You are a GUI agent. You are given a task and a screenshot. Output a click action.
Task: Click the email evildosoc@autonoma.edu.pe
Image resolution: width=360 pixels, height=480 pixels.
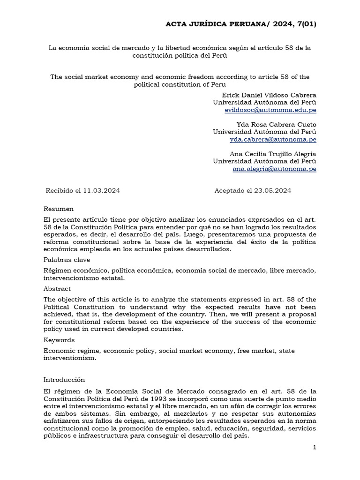[x=270, y=110]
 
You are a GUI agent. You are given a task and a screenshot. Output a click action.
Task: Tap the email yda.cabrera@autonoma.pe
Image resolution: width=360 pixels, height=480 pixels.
[x=273, y=140]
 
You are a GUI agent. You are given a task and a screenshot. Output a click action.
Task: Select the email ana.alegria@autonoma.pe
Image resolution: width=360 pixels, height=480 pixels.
[x=274, y=169]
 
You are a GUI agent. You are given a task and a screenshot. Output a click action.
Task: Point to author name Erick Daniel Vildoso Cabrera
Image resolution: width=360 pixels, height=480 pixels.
[x=269, y=95]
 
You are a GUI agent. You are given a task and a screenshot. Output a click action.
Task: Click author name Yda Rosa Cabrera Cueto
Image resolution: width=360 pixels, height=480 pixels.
[x=276, y=124]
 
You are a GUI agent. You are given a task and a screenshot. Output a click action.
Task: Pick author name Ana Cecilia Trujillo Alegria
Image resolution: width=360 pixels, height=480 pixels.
[x=273, y=154]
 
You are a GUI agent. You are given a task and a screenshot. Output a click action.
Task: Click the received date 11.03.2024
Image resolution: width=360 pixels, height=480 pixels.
[x=101, y=190]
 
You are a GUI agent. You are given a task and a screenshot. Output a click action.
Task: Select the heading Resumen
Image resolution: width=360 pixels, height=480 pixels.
[x=59, y=209]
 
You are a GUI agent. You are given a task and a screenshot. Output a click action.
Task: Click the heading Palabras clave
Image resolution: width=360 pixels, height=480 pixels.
[x=67, y=259]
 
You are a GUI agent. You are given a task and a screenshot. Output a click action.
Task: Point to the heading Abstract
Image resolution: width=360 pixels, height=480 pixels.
[x=57, y=289]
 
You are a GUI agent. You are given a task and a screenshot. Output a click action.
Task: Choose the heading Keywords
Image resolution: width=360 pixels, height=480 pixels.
[x=59, y=340]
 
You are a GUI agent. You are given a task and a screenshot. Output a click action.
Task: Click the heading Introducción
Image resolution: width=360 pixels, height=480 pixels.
[x=64, y=380]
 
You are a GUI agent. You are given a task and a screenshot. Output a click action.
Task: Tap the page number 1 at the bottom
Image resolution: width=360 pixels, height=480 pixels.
[x=315, y=447]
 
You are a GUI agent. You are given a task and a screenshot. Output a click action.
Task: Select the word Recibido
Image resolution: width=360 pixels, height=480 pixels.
[x=60, y=190]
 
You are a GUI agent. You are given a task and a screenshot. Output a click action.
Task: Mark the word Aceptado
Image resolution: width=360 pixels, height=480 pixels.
[x=230, y=190]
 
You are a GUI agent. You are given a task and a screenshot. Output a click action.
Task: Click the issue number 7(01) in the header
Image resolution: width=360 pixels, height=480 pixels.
[x=303, y=24]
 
